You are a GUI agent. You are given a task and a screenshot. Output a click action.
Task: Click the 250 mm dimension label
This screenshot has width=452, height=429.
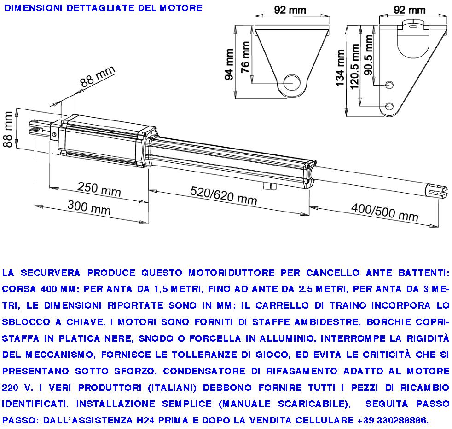[x=99, y=189]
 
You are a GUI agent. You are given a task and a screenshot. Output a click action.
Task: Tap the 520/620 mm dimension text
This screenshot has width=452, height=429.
[x=224, y=196]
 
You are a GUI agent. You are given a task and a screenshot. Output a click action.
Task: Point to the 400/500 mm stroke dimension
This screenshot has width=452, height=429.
[x=385, y=212]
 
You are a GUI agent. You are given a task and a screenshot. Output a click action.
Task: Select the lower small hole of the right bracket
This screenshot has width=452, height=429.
[x=389, y=106]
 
